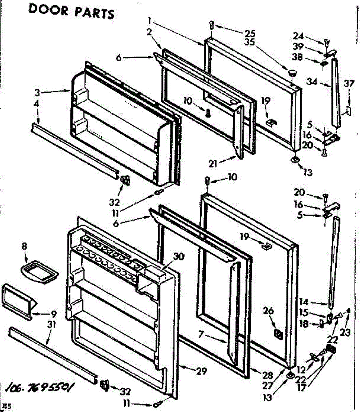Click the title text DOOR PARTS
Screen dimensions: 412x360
tap(71, 11)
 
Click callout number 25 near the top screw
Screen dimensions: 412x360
tap(259, 33)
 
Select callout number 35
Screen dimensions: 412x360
tap(259, 42)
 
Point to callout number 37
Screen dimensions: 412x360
tap(349, 83)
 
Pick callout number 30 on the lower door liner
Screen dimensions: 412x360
tap(179, 256)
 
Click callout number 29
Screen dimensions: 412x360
tap(202, 371)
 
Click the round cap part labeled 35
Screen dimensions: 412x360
tap(292, 72)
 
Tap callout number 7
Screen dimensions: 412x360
tap(204, 333)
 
